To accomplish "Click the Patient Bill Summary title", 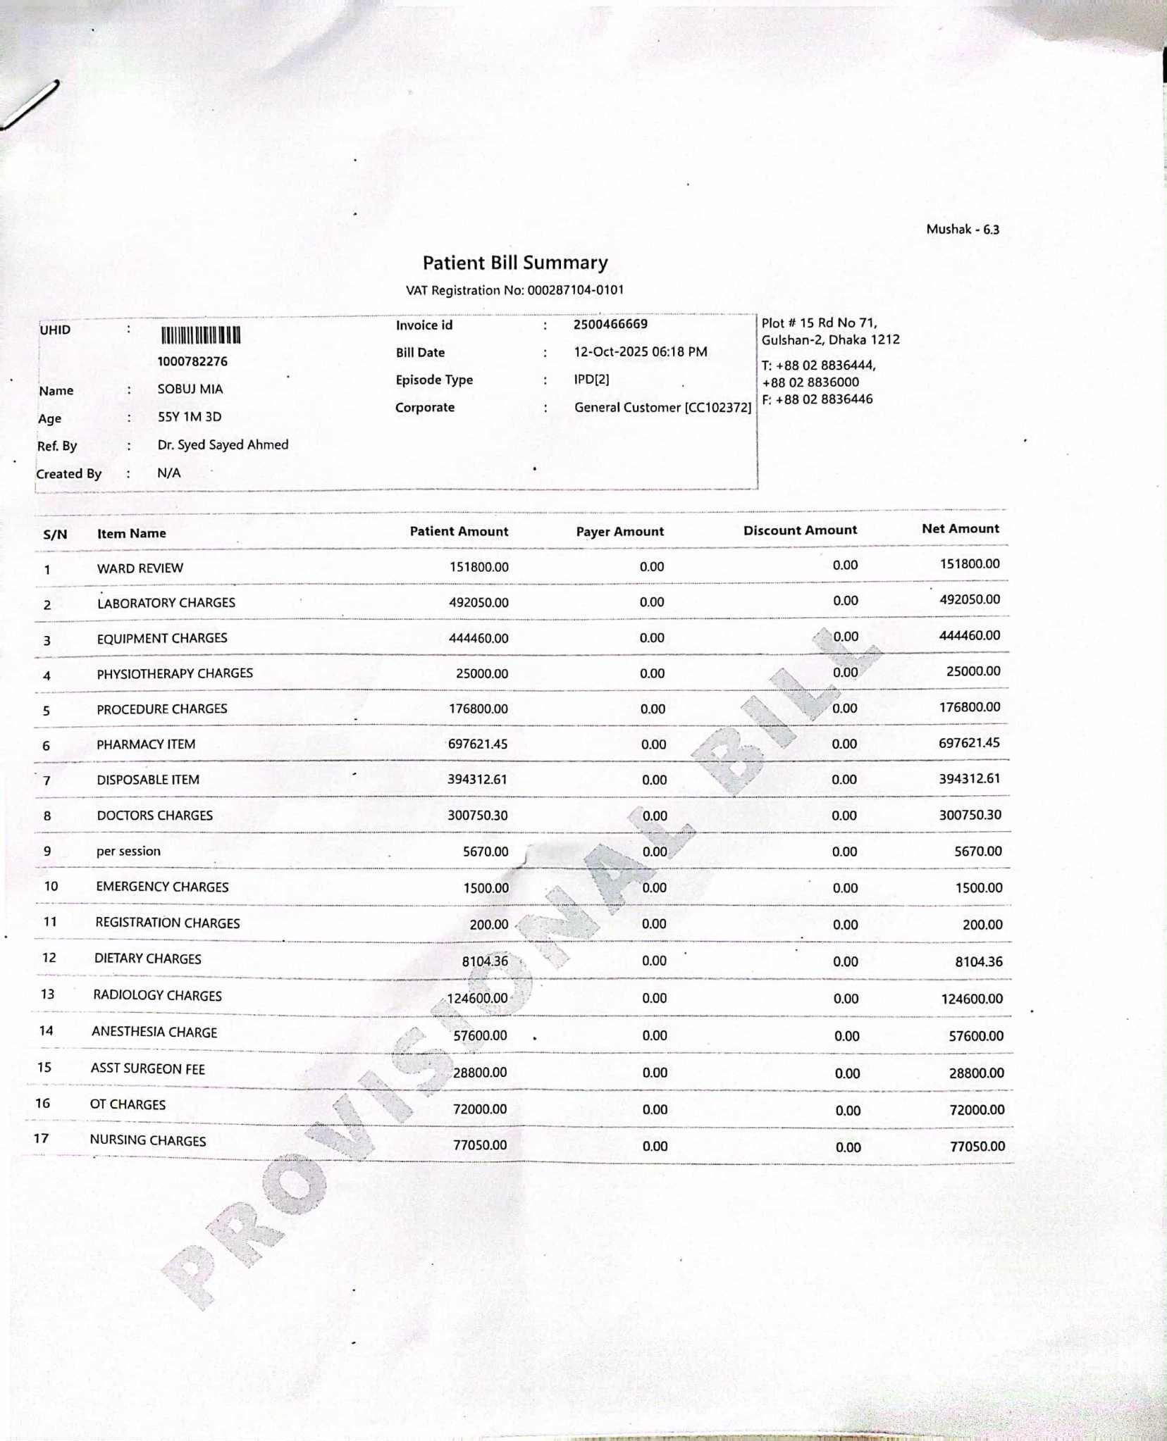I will click(x=515, y=263).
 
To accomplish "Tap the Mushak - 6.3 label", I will click(x=962, y=230).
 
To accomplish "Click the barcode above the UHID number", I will click(x=201, y=335).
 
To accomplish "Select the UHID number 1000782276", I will click(x=192, y=361).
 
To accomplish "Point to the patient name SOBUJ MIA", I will click(x=190, y=389).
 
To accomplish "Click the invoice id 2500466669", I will click(x=610, y=324).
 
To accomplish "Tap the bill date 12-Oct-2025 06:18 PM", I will click(x=640, y=351).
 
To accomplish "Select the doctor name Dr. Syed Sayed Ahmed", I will click(x=223, y=444).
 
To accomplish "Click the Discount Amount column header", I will click(x=800, y=530).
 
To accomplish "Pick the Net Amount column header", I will click(x=960, y=529).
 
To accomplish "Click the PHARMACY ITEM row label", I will click(x=146, y=744).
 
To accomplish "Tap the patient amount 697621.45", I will click(x=478, y=744).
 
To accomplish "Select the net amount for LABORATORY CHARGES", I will click(x=969, y=600).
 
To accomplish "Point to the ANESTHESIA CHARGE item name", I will click(x=154, y=1032).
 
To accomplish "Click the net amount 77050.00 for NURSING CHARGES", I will click(x=977, y=1146).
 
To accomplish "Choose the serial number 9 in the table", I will click(x=47, y=851).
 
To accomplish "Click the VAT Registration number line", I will click(x=514, y=290).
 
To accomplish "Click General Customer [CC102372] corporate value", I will click(x=662, y=407).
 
